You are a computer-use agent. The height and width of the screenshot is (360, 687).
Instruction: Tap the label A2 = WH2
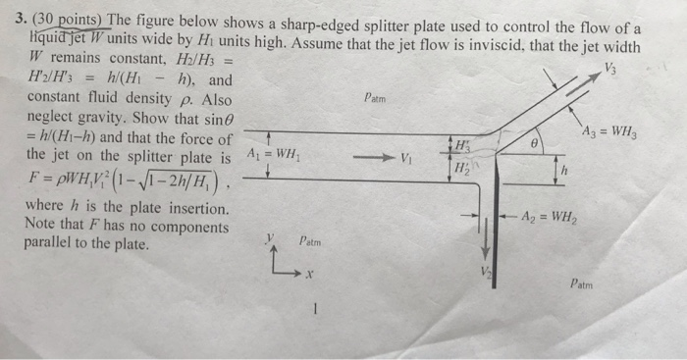tap(547, 217)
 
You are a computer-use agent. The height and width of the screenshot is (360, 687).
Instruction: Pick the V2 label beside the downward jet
tap(482, 271)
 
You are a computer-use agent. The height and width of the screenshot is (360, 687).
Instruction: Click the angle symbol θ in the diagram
tap(535, 144)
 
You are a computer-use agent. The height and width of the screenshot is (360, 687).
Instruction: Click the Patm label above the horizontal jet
tap(376, 98)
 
